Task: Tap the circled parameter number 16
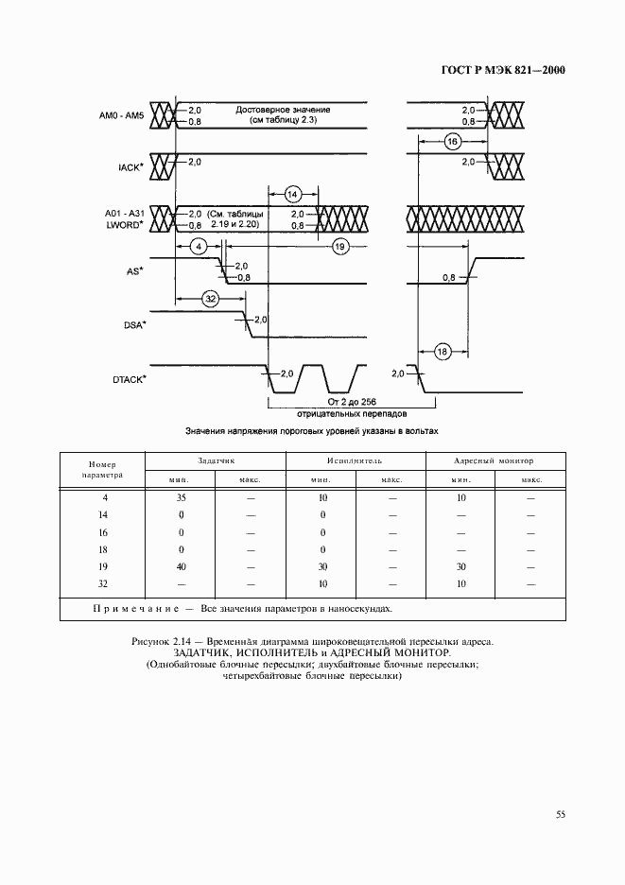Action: coord(452,141)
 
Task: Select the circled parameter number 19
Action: coord(340,246)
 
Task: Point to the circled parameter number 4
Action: coord(198,246)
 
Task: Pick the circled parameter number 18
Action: coord(443,353)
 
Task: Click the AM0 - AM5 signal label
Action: coord(122,115)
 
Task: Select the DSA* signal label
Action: coord(132,325)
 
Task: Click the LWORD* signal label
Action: coord(126,225)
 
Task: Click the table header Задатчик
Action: coord(215,460)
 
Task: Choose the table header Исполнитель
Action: coord(354,460)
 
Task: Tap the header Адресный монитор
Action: coord(494,460)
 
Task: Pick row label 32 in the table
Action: coord(104,584)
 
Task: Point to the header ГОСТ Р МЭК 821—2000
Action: coord(496,70)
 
